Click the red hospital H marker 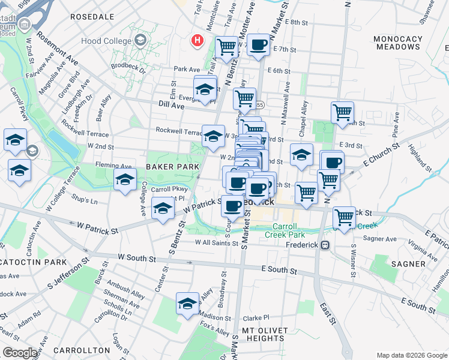(196, 40)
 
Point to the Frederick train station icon (325, 245)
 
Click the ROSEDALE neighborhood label (92, 17)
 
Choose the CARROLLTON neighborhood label (75, 350)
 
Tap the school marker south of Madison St (187, 303)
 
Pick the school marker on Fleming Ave (125, 179)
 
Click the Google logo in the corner (20, 353)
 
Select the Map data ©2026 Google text (412, 355)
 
